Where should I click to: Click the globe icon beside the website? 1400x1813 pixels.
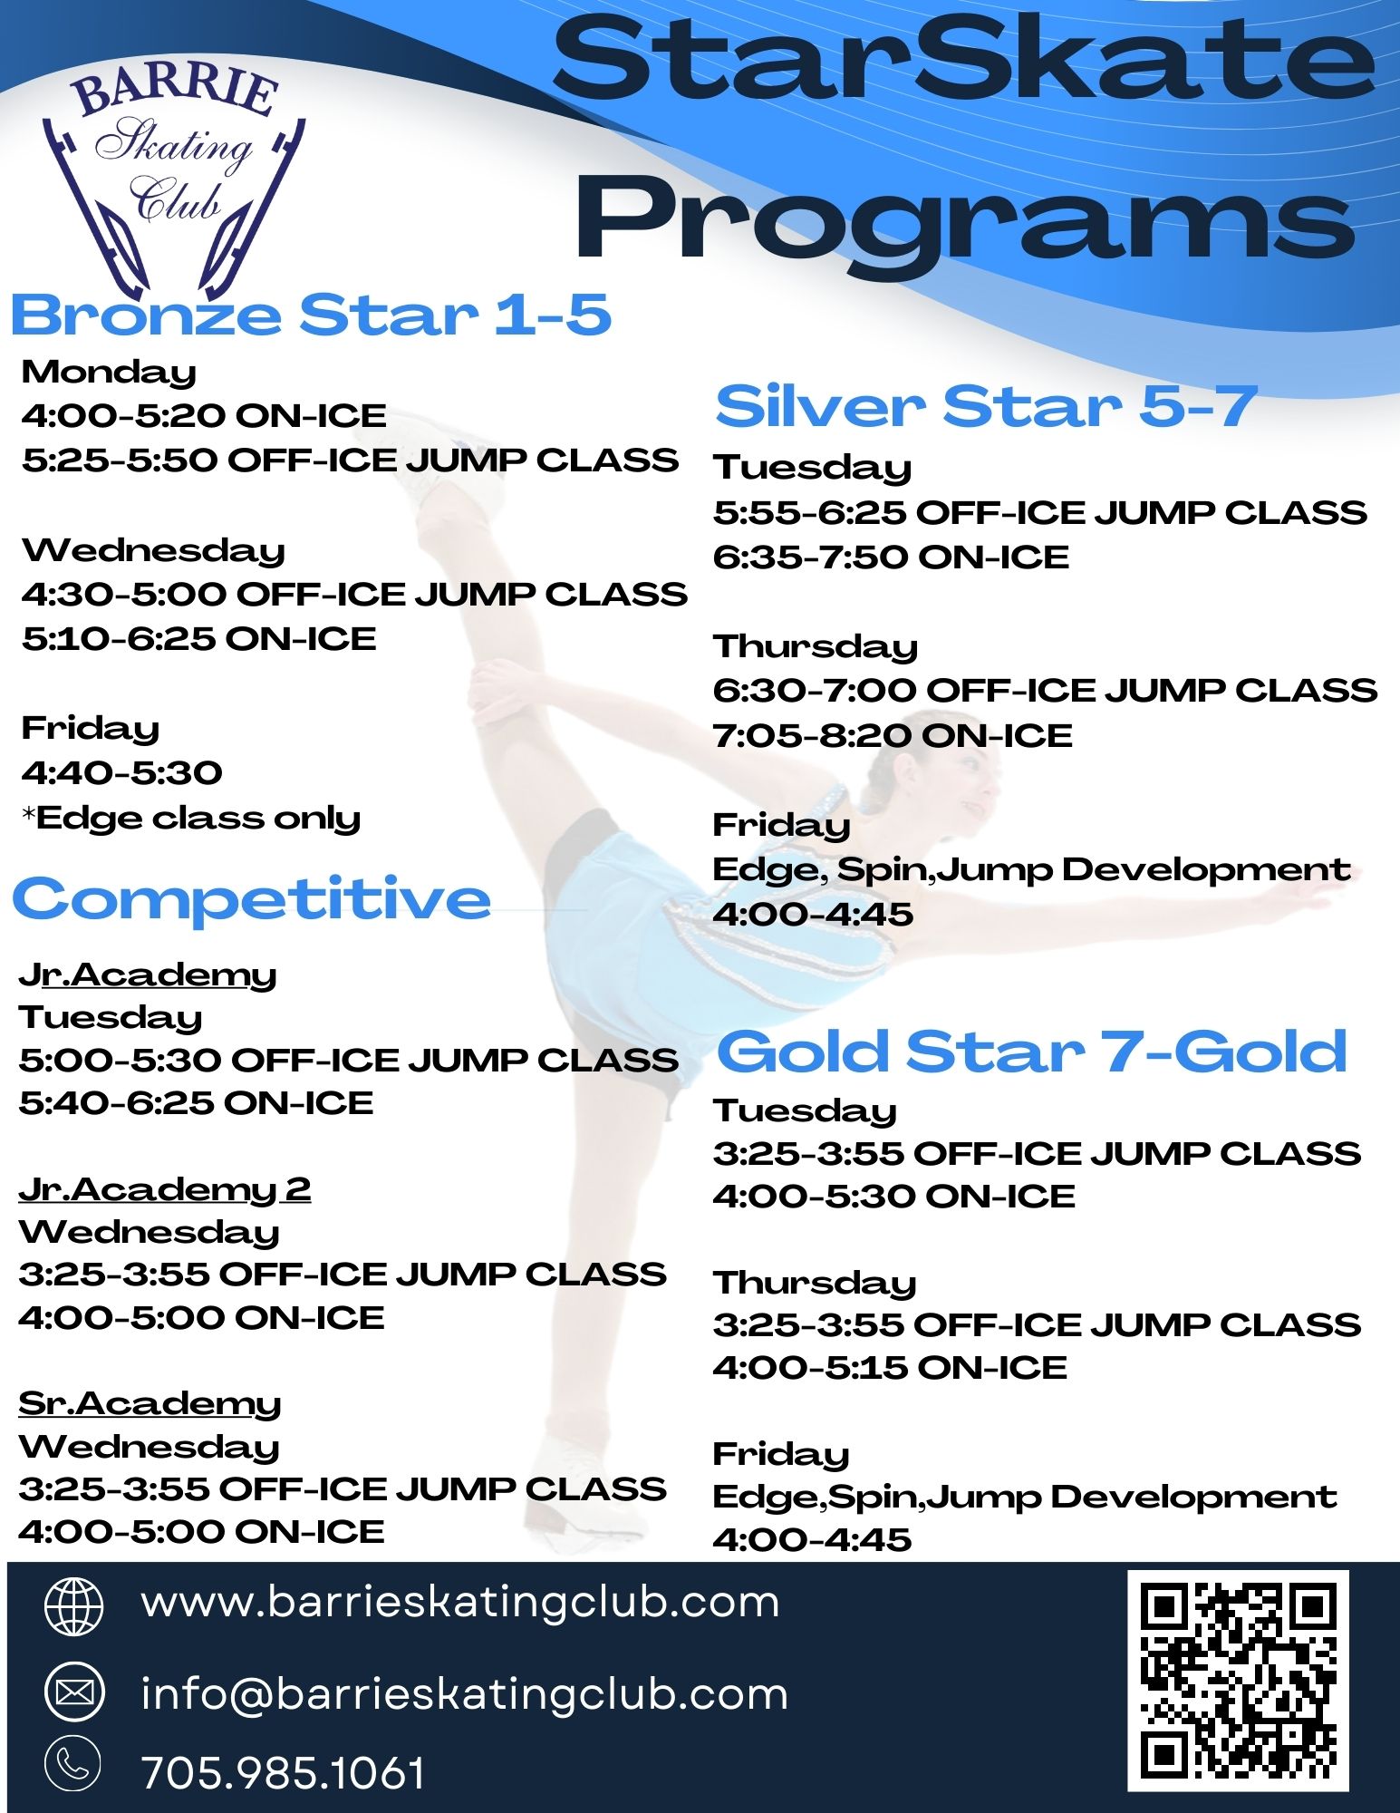click(x=74, y=1605)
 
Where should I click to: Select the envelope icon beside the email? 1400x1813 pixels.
click(x=74, y=1692)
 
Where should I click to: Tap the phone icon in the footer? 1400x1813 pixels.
click(x=74, y=1764)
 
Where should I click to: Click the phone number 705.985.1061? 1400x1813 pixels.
click(x=284, y=1773)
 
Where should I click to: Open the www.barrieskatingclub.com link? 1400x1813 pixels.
click(x=460, y=1602)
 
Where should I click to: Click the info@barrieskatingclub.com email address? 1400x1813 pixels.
click(x=465, y=1693)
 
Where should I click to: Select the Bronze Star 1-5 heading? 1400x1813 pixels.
click(x=311, y=315)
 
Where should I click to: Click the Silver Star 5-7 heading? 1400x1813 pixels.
click(x=987, y=405)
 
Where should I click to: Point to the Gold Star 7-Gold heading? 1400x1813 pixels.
click(x=1031, y=1052)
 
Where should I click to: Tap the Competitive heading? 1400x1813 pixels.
click(x=251, y=899)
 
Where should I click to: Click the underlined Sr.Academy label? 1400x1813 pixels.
click(x=150, y=1403)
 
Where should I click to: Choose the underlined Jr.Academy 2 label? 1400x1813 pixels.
click(x=164, y=1188)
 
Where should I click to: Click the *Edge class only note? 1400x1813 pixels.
click(x=191, y=818)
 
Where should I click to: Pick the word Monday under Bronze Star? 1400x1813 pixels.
click(x=109, y=373)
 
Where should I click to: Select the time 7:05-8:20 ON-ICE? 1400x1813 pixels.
click(x=893, y=735)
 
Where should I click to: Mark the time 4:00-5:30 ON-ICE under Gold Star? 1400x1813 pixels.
click(x=893, y=1196)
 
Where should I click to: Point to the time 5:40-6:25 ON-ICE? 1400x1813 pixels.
click(x=196, y=1102)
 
